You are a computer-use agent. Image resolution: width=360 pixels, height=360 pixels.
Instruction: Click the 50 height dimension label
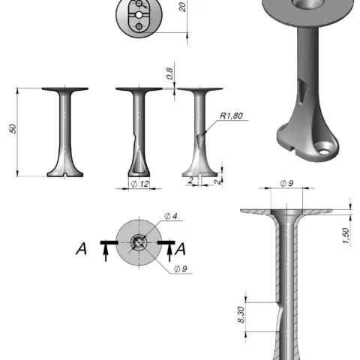coord(13,129)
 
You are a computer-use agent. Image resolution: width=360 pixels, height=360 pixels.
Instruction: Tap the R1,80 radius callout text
coord(231,115)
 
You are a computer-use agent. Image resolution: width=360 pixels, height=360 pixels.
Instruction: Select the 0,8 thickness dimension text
coord(170,73)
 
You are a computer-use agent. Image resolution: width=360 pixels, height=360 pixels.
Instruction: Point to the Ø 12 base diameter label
coord(140,184)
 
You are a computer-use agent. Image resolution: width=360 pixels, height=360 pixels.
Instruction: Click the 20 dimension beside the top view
coord(183,7)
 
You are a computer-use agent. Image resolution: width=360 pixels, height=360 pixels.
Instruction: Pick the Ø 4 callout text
coord(171,216)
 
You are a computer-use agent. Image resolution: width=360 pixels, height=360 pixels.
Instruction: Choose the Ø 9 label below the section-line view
coord(181,268)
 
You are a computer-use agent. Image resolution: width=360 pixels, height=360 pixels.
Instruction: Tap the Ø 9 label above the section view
coord(286,183)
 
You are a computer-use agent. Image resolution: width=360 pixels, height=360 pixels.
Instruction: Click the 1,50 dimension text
coord(346,235)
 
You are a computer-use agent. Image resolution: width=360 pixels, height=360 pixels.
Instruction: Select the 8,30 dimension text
coord(241,315)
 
